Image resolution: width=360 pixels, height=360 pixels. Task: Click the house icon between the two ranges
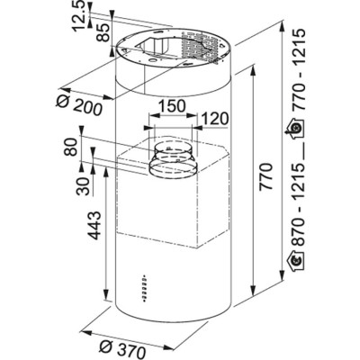296,132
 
